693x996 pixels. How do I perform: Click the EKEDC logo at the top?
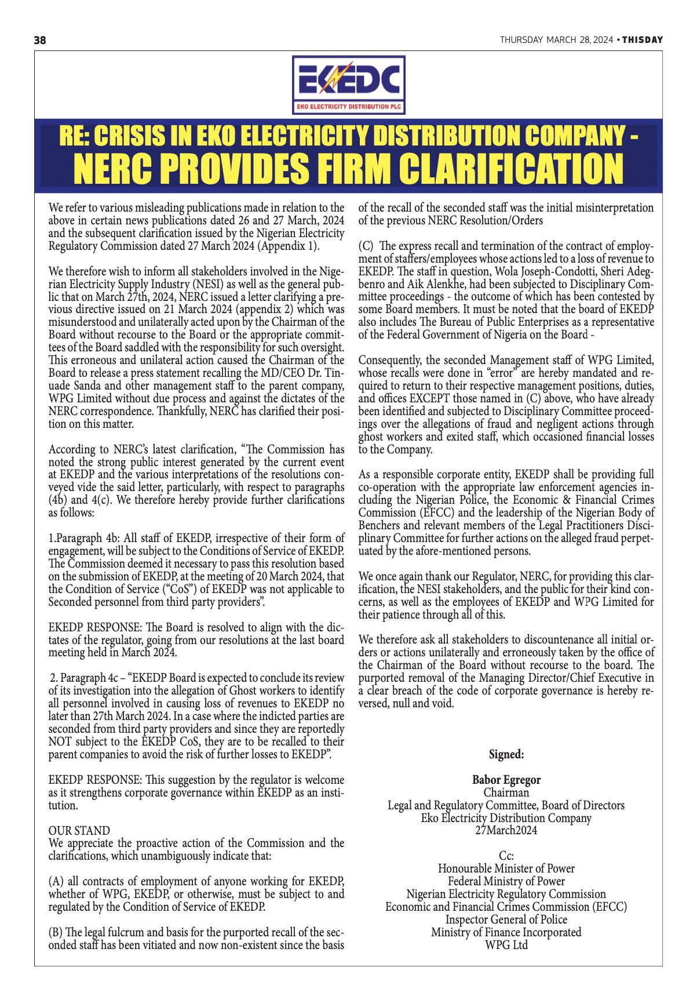coord(348,85)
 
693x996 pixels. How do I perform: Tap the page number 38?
coord(40,40)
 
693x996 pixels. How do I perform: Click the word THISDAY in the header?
coord(643,40)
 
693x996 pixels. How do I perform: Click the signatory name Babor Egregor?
coord(506,780)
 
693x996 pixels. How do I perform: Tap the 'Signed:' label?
coord(506,754)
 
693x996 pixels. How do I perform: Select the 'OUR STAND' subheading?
coord(79,830)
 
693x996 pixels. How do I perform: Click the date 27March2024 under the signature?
coord(506,830)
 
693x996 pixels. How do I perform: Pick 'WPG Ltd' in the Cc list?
coord(506,944)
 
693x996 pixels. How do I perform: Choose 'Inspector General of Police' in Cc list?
coord(506,919)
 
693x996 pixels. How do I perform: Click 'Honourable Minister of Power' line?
coord(506,868)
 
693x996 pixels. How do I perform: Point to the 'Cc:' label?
coord(506,856)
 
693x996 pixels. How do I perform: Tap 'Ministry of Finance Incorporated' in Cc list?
coord(506,932)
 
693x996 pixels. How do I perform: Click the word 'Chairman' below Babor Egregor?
coord(506,793)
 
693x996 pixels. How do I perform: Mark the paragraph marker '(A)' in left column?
coord(56,881)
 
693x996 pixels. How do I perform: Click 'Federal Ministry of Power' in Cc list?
coord(506,881)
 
